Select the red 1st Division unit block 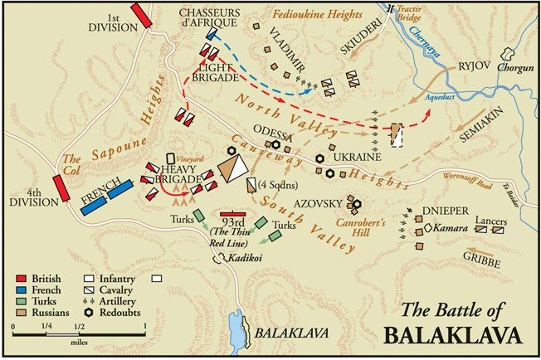point(143,15)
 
